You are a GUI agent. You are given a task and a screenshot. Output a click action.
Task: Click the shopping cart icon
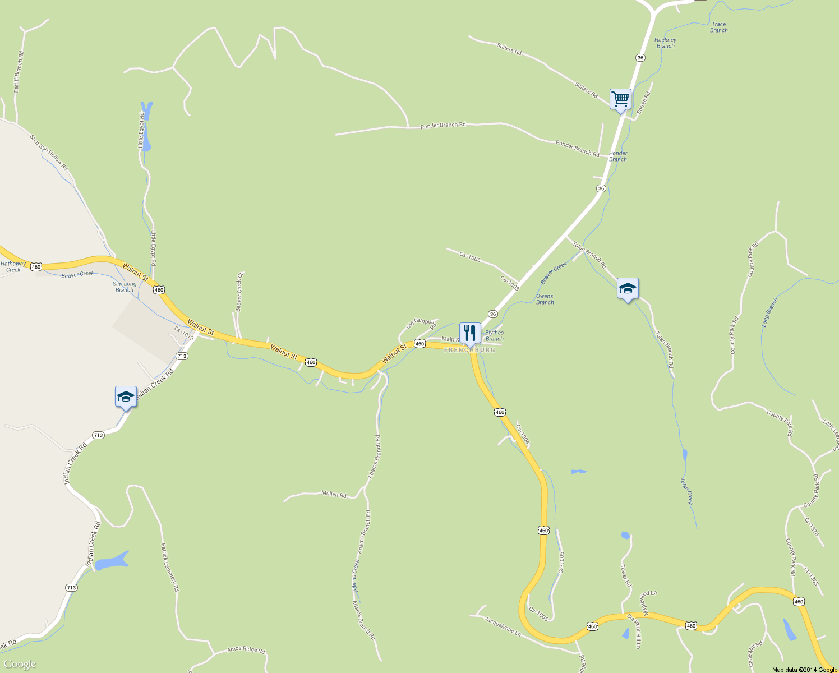[620, 100]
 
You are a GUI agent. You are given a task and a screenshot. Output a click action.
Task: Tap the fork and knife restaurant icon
[470, 333]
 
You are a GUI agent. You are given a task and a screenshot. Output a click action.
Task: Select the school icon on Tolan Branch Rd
[628, 289]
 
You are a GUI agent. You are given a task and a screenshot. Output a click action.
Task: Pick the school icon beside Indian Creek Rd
[126, 397]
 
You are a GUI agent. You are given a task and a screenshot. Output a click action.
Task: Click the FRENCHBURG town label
[470, 350]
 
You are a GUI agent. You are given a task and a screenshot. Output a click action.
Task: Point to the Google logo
[20, 664]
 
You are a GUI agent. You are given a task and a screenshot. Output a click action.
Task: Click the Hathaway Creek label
[13, 266]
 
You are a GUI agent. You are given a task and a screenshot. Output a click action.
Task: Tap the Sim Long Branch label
[125, 287]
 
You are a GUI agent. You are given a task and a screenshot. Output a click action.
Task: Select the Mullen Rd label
[334, 494]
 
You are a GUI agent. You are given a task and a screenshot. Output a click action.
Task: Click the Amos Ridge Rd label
[246, 649]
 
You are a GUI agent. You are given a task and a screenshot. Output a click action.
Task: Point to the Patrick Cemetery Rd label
[169, 567]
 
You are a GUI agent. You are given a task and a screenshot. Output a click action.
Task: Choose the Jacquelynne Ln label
[503, 626]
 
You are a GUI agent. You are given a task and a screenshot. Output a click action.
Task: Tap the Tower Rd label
[626, 576]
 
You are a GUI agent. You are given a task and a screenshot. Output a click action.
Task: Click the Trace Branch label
[718, 27]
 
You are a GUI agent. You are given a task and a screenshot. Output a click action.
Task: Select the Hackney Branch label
[665, 43]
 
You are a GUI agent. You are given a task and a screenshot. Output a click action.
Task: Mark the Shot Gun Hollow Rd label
[49, 153]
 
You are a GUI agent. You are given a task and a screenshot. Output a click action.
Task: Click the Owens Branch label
[545, 299]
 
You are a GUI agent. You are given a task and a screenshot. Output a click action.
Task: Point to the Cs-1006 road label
[470, 257]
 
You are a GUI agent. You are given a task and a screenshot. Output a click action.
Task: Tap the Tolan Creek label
[687, 491]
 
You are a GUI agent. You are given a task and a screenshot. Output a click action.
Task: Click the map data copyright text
[804, 669]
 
